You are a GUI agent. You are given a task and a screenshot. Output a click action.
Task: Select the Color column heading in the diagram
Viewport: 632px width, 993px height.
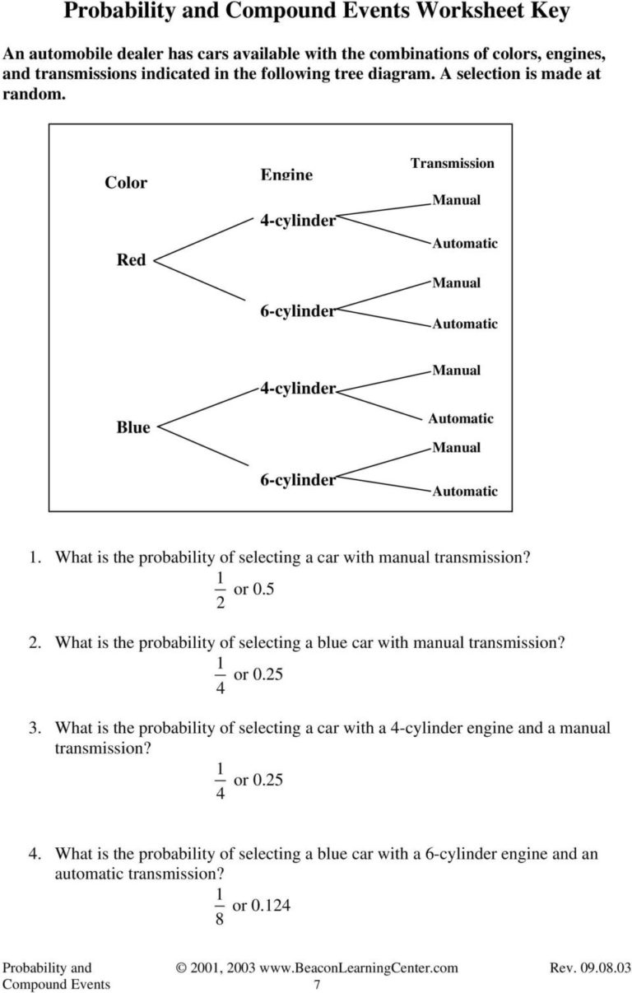[126, 183]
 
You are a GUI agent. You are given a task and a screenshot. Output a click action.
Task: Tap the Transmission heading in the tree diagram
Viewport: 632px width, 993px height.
[453, 163]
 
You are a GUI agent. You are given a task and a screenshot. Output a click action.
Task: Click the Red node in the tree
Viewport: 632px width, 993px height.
[131, 260]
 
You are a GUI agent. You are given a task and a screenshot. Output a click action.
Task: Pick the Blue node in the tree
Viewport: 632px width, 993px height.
[133, 427]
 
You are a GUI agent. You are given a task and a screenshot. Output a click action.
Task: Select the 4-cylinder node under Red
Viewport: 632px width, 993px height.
[298, 221]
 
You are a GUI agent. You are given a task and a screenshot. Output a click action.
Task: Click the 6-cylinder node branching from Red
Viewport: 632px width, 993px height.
[298, 311]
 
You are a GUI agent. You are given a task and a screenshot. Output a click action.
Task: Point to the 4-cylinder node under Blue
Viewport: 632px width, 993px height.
[298, 388]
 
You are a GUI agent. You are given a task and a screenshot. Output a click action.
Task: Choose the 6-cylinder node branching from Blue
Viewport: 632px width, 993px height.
[298, 480]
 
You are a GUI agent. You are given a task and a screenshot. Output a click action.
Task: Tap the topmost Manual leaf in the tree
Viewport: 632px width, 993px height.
[456, 200]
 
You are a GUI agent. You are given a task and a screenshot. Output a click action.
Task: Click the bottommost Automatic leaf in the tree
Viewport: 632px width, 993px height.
[465, 492]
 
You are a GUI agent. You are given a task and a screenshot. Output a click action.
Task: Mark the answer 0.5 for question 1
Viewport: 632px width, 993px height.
[263, 590]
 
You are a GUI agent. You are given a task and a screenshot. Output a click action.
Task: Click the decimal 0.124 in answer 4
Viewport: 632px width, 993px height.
[271, 906]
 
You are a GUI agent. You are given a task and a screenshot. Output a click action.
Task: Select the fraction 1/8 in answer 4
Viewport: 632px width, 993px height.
[218, 907]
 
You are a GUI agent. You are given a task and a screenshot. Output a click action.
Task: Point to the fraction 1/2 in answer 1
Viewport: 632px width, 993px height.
[218, 591]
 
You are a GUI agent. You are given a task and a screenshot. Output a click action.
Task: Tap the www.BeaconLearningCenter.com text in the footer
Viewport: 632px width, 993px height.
[359, 968]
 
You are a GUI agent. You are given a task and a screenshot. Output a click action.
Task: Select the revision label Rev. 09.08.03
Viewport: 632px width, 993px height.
[589, 968]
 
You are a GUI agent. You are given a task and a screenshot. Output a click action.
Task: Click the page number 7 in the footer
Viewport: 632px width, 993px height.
[318, 985]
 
